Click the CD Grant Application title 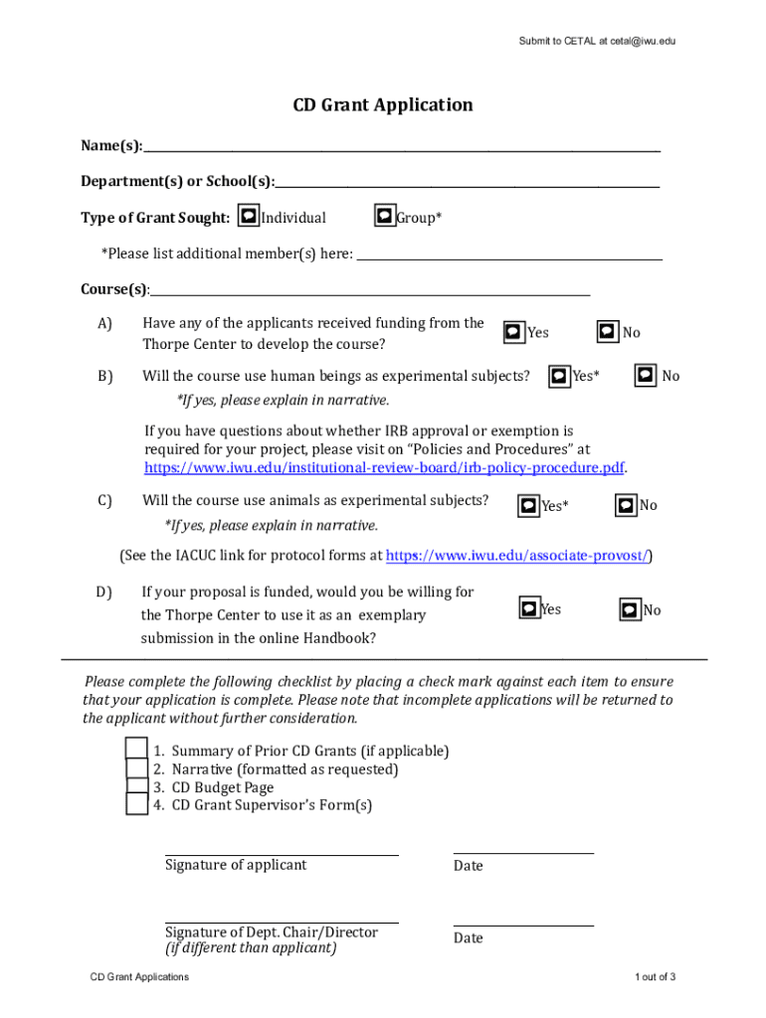pyautogui.click(x=382, y=105)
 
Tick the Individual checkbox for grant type pyautogui.click(x=250, y=216)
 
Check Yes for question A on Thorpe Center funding pyautogui.click(x=513, y=331)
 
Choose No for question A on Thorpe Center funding pyautogui.click(x=608, y=331)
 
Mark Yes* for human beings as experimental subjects pyautogui.click(x=559, y=375)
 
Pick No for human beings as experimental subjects pyautogui.click(x=646, y=375)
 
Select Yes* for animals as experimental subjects pyautogui.click(x=529, y=506)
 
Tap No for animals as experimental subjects pyautogui.click(x=626, y=505)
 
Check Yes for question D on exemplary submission pyautogui.click(x=530, y=607)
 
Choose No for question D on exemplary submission pyautogui.click(x=631, y=609)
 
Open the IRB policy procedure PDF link pyautogui.click(x=384, y=468)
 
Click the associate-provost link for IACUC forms pyautogui.click(x=518, y=556)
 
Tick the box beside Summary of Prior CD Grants pyautogui.click(x=137, y=749)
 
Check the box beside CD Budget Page pyautogui.click(x=137, y=787)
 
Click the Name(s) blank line pyautogui.click(x=401, y=148)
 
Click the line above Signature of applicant pyautogui.click(x=282, y=852)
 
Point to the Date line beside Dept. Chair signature pyautogui.click(x=523, y=925)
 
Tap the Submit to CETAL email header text pyautogui.click(x=597, y=42)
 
